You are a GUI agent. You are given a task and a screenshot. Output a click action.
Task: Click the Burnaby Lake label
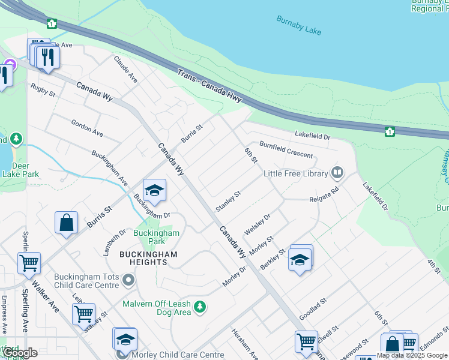point(299,25)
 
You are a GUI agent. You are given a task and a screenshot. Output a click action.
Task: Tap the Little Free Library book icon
point(337,173)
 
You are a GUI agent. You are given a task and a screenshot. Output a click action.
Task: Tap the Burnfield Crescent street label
point(286,150)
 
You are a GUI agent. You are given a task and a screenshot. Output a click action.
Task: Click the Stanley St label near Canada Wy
point(228,201)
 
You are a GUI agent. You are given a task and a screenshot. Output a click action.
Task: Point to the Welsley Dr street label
point(258,224)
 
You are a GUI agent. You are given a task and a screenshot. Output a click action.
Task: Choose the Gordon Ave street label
point(87,127)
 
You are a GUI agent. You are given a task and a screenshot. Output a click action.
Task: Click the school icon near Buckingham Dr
point(154,191)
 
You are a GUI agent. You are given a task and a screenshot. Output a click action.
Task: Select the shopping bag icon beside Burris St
point(66,222)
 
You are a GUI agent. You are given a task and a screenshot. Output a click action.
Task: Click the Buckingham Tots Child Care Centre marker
point(128,280)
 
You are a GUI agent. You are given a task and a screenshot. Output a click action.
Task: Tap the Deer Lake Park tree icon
point(16,140)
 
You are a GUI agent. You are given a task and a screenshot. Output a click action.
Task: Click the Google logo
point(20,353)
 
